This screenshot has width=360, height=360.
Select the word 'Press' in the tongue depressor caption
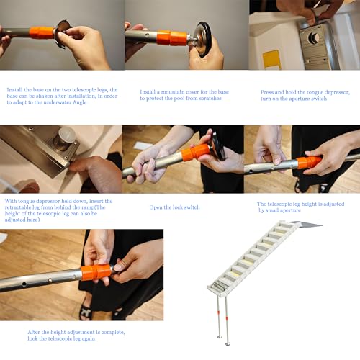pos(267,92)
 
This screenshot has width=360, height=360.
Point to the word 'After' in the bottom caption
pos(34,332)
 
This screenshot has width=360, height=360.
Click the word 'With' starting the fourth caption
pos(11,201)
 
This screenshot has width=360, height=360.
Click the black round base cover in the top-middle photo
pos(204,38)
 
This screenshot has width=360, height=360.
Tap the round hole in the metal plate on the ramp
pos(315,37)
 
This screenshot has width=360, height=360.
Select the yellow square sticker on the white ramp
pos(272,59)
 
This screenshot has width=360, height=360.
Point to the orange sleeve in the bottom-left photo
pos(96,272)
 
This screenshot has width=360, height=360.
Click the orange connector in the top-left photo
pos(42,32)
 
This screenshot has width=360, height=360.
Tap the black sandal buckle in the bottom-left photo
pos(86,312)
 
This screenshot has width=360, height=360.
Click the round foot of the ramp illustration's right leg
pos(228,343)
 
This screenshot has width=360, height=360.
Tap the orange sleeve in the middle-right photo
pos(309,163)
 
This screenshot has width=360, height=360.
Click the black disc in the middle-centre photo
pos(217,147)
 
